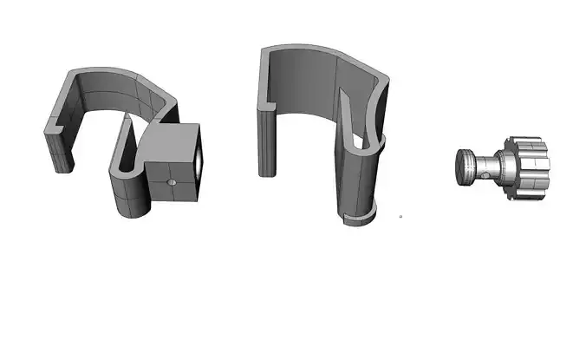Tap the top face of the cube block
173,137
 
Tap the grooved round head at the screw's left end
465,165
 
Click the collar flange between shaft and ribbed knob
505,166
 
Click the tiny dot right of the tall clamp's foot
400,215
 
